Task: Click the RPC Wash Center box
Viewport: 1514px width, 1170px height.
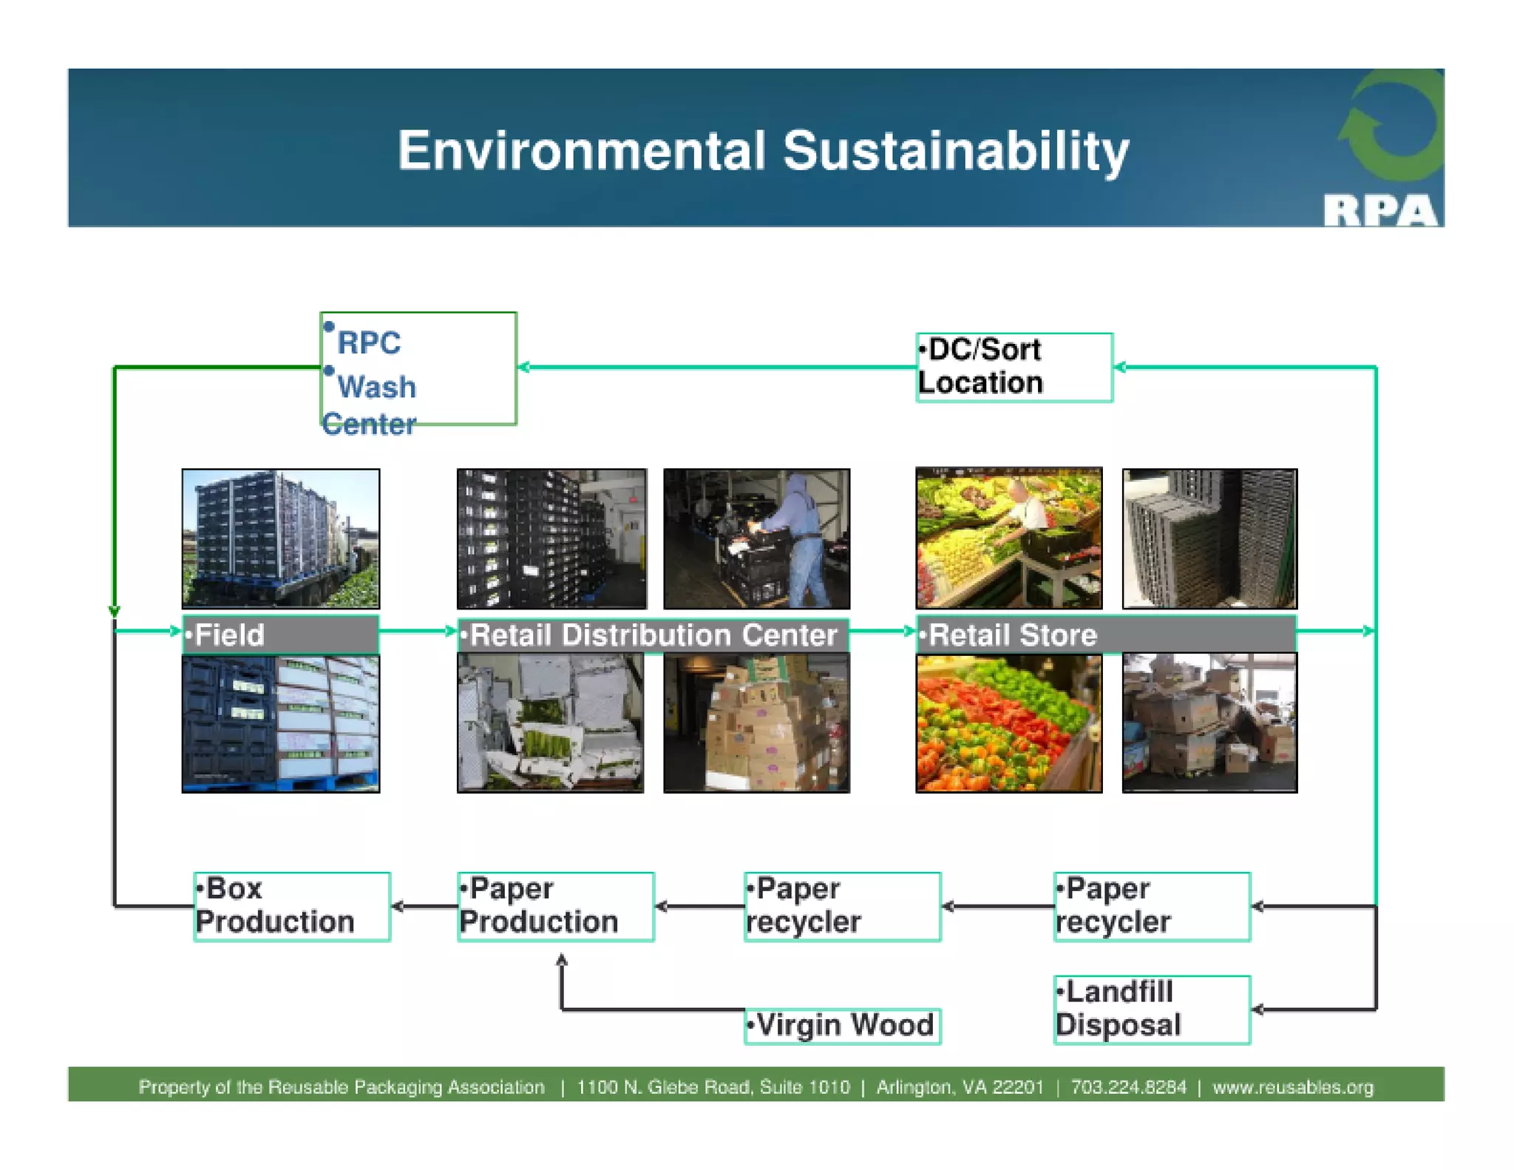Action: [x=418, y=368]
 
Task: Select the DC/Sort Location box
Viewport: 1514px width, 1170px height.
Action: [x=1014, y=367]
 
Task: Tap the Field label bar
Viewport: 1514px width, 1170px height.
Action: [x=280, y=634]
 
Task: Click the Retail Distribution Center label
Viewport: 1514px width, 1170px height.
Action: [x=653, y=635]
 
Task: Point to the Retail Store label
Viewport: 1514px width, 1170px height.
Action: [x=1105, y=634]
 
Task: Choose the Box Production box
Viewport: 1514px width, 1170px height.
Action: [x=291, y=905]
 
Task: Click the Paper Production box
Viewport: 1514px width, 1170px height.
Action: [x=555, y=905]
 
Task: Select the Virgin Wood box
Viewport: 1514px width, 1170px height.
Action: [x=842, y=1025]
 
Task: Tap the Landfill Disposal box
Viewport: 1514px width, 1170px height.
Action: [x=1151, y=1009]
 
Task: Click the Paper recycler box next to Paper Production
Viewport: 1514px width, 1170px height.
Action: [x=842, y=905]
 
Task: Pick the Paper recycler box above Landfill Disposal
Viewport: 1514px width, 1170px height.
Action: [x=1151, y=905]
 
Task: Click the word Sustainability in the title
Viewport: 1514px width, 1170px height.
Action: [x=955, y=151]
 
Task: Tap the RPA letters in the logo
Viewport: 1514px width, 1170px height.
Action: [x=1379, y=210]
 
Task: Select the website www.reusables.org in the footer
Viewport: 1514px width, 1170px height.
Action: [x=1292, y=1086]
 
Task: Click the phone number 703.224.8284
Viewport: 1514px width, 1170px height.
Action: [x=1128, y=1086]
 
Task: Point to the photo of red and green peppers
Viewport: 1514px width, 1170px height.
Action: [x=1008, y=723]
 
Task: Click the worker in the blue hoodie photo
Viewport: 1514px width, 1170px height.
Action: [x=756, y=538]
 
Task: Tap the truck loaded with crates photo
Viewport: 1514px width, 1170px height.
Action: [x=280, y=538]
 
